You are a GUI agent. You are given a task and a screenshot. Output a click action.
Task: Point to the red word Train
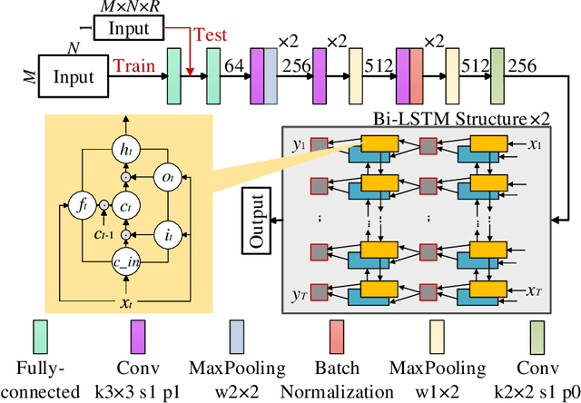pos(133,64)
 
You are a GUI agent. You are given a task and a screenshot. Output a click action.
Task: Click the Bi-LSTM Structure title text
pos(472,118)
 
